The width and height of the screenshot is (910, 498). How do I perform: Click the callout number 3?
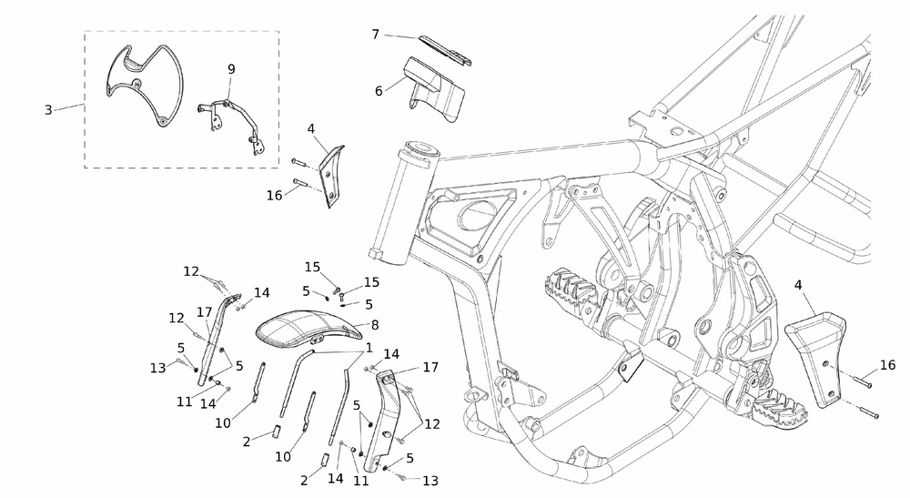[48, 110]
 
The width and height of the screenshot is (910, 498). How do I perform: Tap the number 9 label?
[231, 69]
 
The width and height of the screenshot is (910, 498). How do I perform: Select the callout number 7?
[375, 35]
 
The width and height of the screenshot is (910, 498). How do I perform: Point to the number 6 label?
[379, 90]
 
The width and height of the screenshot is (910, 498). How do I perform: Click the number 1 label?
[369, 348]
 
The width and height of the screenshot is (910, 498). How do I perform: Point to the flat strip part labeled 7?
[446, 50]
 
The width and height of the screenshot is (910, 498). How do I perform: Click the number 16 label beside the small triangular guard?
[274, 195]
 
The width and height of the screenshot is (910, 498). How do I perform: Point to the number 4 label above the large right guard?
[798, 285]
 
